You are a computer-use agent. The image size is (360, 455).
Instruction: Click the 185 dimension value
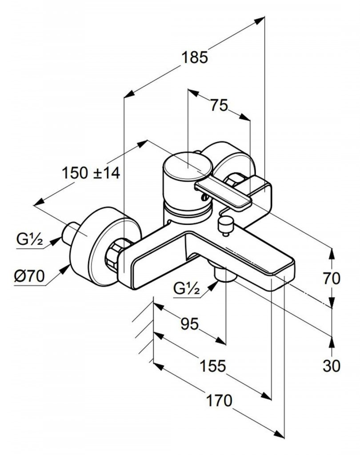coord(194,57)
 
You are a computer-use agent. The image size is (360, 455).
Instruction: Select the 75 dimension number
coord(219,106)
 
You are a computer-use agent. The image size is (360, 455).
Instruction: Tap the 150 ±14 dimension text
coord(91,172)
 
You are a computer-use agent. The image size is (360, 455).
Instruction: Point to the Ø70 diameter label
coord(30,277)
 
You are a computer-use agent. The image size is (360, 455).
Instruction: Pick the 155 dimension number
coord(212,367)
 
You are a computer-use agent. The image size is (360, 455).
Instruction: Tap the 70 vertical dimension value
coord(332,279)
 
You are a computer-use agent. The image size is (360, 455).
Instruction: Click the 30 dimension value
coord(332,366)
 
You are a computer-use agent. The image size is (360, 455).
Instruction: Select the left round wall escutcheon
coord(102,249)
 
